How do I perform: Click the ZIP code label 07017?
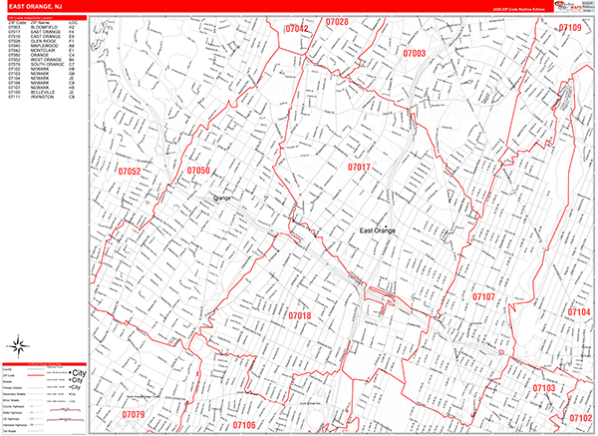coord(359,167)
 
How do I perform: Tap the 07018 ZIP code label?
coord(300,316)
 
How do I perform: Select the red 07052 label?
coord(129,173)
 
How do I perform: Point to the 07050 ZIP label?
coord(198,172)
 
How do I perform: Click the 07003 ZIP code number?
coord(415,53)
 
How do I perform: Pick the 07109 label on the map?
coord(569,28)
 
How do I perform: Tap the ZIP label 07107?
coord(483,297)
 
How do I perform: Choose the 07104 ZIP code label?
coord(579,312)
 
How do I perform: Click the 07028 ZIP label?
coord(337,22)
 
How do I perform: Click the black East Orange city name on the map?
coord(378,231)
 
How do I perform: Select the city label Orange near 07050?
coord(220,199)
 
